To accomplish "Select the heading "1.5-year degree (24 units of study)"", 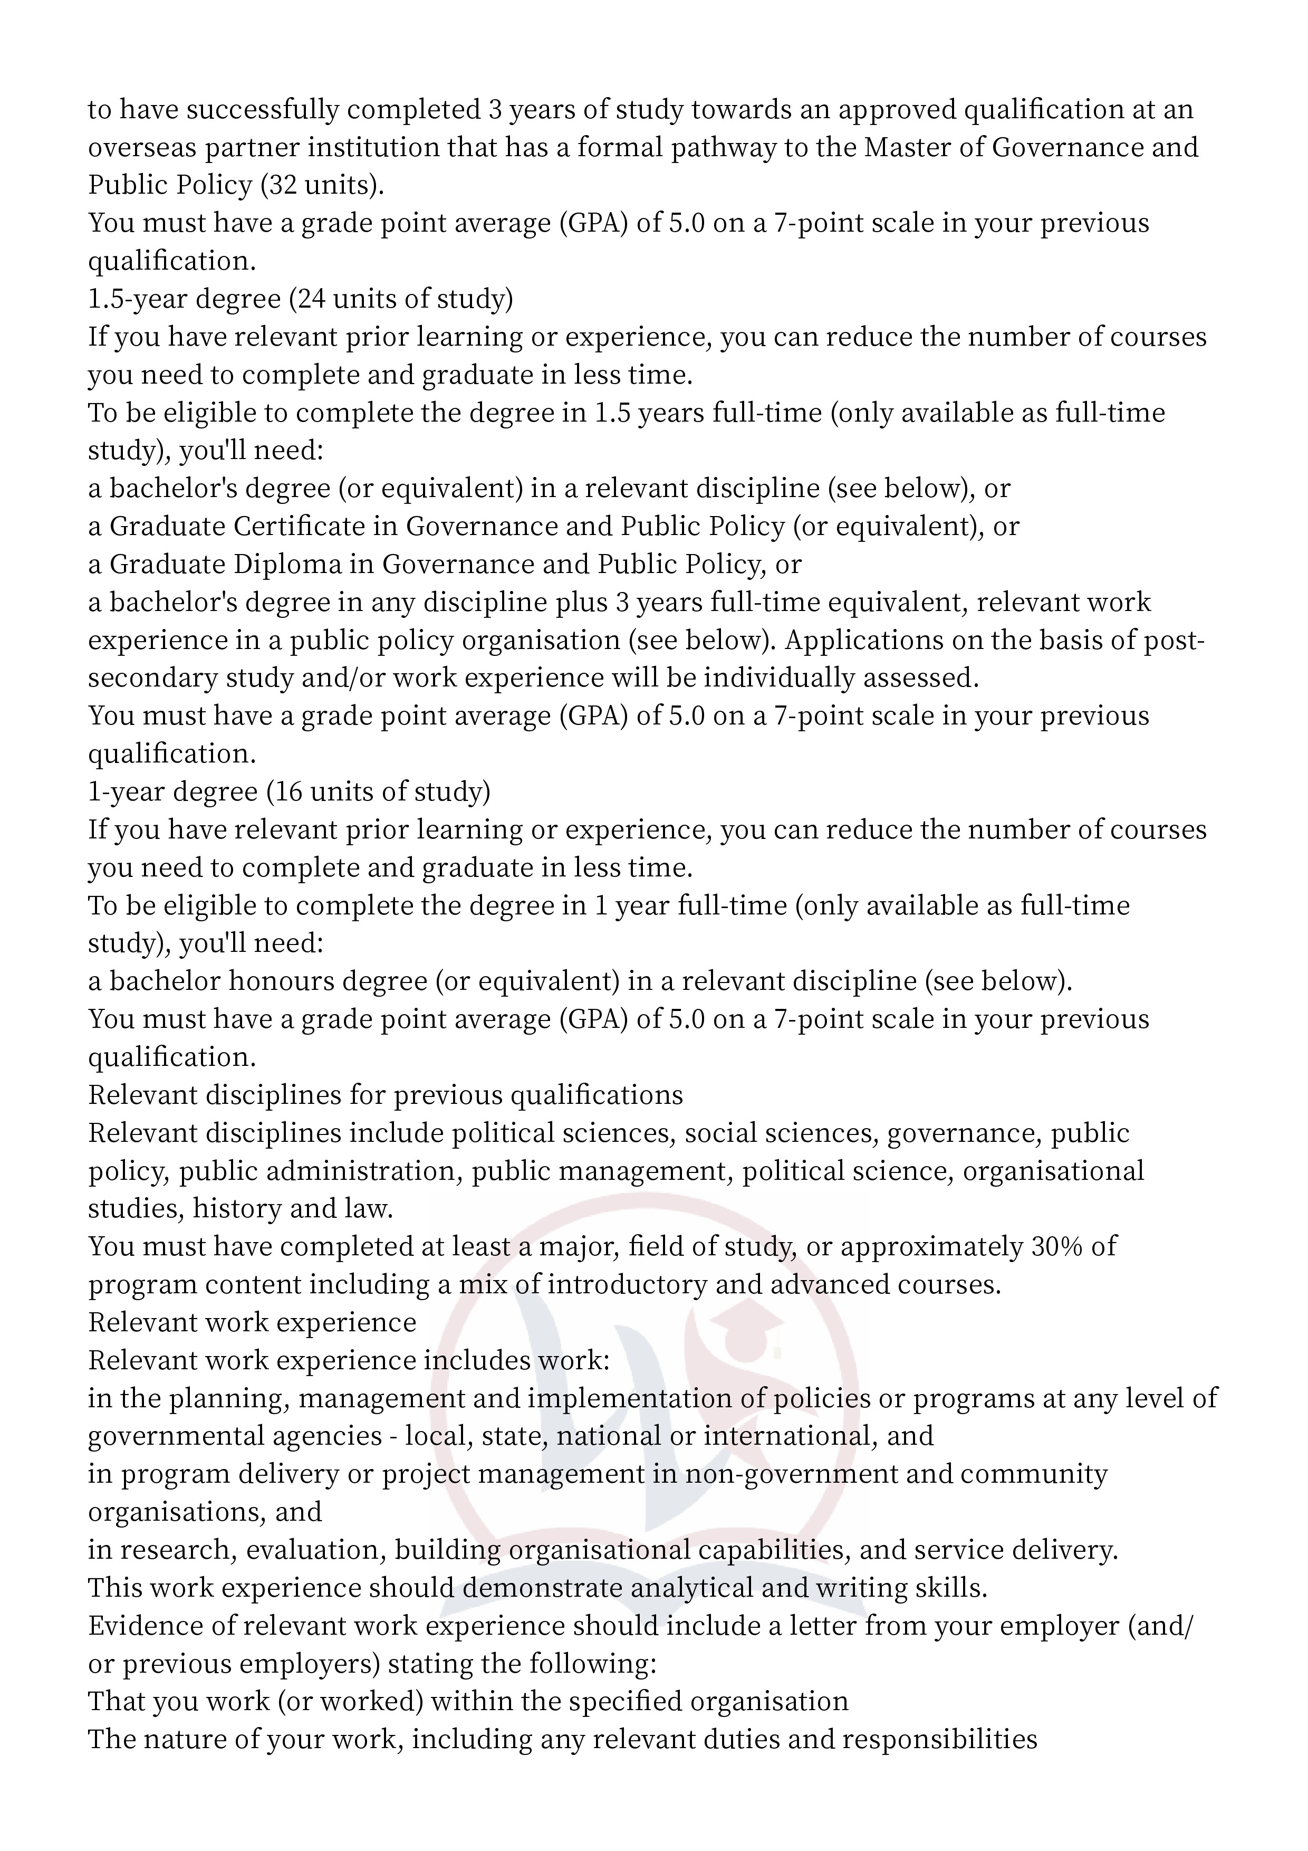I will [300, 299].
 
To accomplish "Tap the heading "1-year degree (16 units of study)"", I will [288, 791].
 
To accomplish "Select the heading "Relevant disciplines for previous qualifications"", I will [385, 1095].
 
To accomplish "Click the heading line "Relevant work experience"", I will [252, 1322].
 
